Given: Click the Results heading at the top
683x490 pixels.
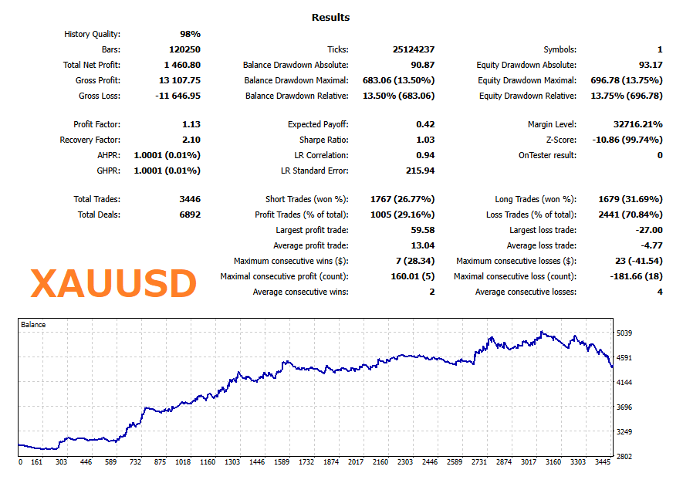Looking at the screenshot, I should pos(330,17).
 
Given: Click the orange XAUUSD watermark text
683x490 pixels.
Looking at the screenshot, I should pos(113,284).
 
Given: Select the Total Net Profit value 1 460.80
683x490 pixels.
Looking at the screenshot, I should pos(182,65).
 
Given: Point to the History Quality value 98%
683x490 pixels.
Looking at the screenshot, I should pos(190,34).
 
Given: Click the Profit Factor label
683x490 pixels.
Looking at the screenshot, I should pos(96,124).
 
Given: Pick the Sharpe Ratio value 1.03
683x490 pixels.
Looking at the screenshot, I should pos(425,140).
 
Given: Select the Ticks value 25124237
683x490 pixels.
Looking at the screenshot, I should pos(414,49).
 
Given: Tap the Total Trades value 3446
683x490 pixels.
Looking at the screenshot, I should pos(190,199).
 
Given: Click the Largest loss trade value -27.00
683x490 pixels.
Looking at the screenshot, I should pos(647,230).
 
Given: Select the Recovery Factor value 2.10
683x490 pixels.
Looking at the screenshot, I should pos(191,140).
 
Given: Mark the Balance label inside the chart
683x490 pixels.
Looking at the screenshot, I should pos(33,325).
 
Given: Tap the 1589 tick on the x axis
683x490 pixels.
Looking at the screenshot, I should pos(282,462).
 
